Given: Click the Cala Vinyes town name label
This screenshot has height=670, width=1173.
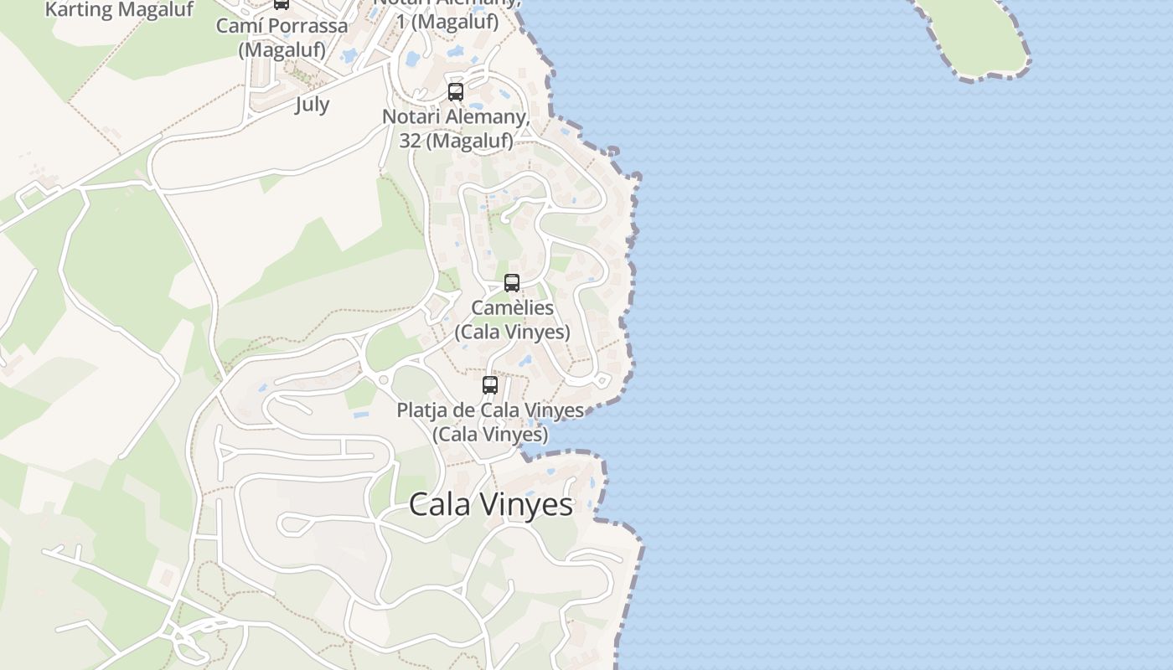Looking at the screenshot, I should click(x=491, y=504).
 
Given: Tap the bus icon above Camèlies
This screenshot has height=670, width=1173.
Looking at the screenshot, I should click(x=512, y=283).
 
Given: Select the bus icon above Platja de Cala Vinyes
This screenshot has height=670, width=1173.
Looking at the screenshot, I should click(x=490, y=385).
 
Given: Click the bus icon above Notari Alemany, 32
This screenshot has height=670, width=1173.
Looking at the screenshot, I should click(x=456, y=92).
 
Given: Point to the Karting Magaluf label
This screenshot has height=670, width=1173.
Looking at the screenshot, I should click(x=119, y=10).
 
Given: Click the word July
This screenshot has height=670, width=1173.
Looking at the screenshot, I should click(x=312, y=105).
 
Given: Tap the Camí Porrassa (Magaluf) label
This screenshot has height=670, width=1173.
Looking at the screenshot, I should click(x=282, y=38).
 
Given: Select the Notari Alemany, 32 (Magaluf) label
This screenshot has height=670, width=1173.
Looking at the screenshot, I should click(x=456, y=128).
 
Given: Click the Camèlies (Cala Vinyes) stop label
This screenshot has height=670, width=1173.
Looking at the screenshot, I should click(x=512, y=320).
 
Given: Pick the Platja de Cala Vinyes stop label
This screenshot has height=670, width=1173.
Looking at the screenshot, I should click(x=490, y=422).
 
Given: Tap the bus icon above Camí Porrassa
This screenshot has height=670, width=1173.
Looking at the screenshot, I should click(x=282, y=3).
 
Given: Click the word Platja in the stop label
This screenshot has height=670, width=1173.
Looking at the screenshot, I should click(x=421, y=410).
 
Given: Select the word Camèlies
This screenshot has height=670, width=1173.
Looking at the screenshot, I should click(x=512, y=308).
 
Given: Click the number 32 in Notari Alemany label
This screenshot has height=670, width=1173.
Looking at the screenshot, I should click(x=410, y=141).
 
